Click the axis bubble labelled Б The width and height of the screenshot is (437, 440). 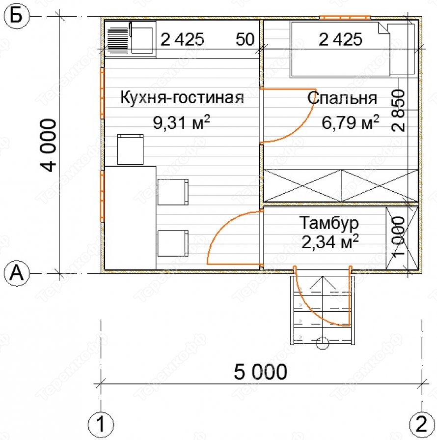[x=17, y=16]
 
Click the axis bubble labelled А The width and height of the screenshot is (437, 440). [x=17, y=273]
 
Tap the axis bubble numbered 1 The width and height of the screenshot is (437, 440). [x=101, y=424]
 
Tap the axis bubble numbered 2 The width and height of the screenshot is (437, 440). [x=422, y=424]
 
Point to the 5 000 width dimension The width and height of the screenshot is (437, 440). [x=260, y=372]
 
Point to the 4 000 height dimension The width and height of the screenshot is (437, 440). [x=48, y=145]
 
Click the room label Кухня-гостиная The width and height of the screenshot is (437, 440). [x=182, y=97]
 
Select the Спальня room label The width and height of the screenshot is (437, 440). [x=342, y=98]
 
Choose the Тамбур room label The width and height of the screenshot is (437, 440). [x=329, y=223]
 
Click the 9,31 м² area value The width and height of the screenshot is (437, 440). [x=181, y=122]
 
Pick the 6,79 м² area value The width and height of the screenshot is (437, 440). [x=350, y=122]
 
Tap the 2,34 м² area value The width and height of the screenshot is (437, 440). [x=330, y=241]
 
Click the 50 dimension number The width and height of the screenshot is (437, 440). [x=245, y=39]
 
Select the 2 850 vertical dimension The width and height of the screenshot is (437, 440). [x=398, y=110]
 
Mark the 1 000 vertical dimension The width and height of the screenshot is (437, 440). [x=398, y=236]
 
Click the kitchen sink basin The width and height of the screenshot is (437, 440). [x=142, y=40]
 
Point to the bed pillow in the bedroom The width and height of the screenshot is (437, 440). [x=401, y=49]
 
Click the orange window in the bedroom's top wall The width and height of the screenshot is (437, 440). [x=345, y=18]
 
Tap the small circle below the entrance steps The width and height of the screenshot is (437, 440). [x=323, y=343]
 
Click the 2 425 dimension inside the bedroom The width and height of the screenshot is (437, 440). [x=340, y=39]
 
